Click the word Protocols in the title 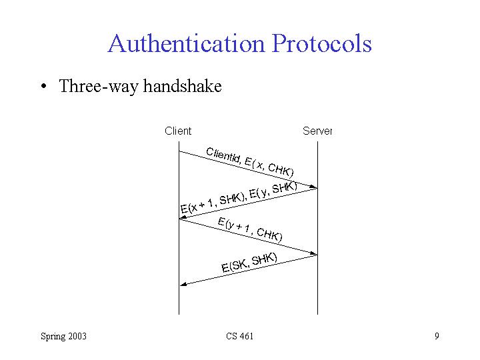(x=321, y=44)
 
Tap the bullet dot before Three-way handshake (x=43, y=87)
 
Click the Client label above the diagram (x=178, y=131)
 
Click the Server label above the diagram (x=317, y=131)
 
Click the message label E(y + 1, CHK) (x=250, y=229)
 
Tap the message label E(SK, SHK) (x=249, y=263)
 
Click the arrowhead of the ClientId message (x=314, y=187)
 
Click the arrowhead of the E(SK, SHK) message (x=183, y=284)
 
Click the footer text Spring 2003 (x=63, y=336)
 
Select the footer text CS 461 (x=239, y=336)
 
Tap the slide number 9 (x=437, y=336)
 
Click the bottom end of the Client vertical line (x=179, y=313)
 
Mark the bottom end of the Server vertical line (x=317, y=313)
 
